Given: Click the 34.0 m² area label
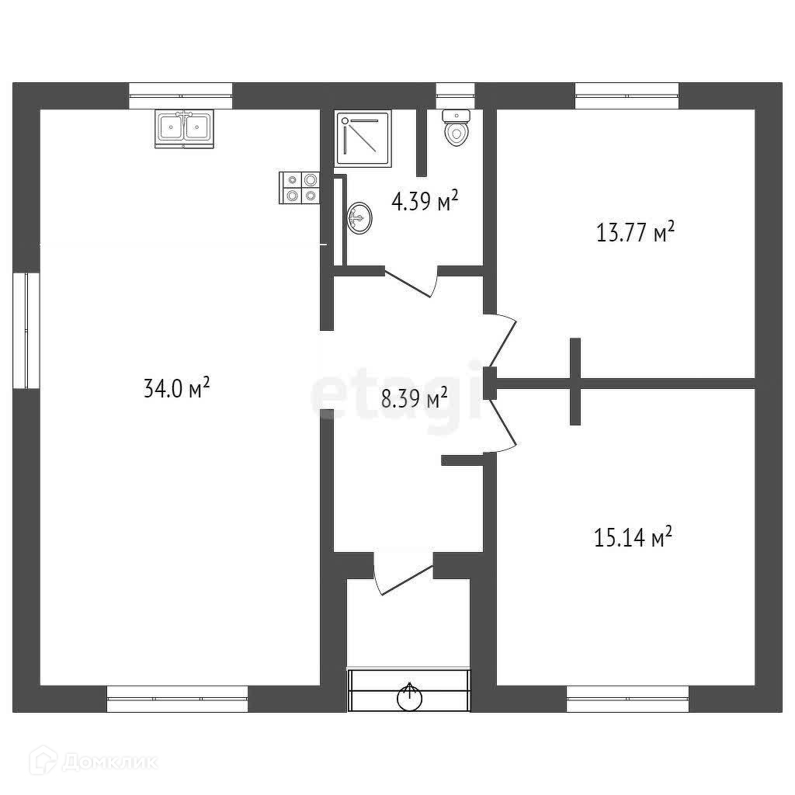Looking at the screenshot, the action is [177, 387].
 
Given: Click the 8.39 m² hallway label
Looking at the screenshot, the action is [414, 399].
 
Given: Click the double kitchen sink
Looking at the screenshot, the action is [184, 127].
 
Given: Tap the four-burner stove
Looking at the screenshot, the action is [300, 188].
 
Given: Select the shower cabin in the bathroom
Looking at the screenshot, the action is [363, 138].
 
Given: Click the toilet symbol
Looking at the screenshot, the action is [457, 127].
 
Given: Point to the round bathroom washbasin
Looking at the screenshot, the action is [360, 217].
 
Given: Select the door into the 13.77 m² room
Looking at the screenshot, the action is [501, 342].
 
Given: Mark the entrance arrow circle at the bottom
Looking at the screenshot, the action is [409, 697].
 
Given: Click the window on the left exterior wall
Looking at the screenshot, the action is [27, 330].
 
